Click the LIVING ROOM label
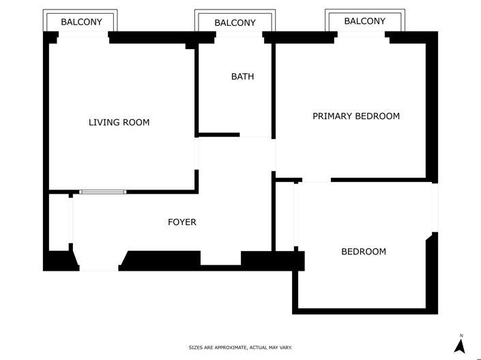coord(119,123)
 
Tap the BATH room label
coord(242,76)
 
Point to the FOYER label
coord(182,222)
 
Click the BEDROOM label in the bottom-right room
coord(363,252)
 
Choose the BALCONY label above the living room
coord(81,22)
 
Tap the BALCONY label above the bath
coord(235,22)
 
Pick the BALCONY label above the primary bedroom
coord(364,21)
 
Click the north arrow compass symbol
coord(461,346)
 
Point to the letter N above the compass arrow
coord(461,335)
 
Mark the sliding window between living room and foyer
coord(103,192)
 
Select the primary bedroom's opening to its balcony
coord(363,35)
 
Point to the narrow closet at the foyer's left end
coord(59,222)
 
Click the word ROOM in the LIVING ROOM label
coord(136,123)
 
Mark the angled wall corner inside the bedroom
coord(430,237)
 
